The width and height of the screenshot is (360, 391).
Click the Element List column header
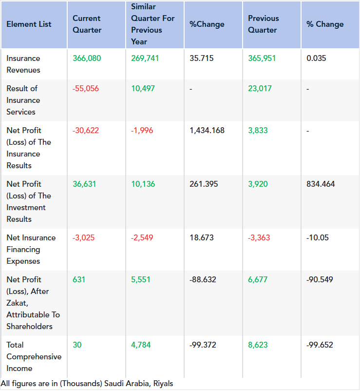coord(29,24)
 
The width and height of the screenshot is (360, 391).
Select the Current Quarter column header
coord(87,24)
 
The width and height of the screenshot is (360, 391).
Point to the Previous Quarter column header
coord(264,24)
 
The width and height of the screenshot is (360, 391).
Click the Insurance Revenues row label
coord(23,64)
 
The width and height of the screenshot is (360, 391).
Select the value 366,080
coord(87,59)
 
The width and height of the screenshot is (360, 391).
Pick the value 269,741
coord(145,59)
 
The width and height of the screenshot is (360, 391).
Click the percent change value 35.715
coord(202,59)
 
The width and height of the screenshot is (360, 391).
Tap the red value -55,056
coord(86,89)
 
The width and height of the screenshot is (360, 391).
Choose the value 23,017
coord(260,89)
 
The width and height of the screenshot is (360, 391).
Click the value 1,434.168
coord(207,131)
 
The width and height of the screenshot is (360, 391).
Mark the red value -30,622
coord(86,131)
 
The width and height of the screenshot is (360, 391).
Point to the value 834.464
coord(321,184)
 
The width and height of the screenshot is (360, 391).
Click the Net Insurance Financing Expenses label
coord(31,249)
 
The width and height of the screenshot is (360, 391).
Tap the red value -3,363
coord(259,238)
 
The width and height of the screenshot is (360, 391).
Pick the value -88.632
coord(203,280)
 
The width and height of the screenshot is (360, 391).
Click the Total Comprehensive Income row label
coord(34,356)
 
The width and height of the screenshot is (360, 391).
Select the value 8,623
coord(258,345)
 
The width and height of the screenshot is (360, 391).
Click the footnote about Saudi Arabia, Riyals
coord(87,384)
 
